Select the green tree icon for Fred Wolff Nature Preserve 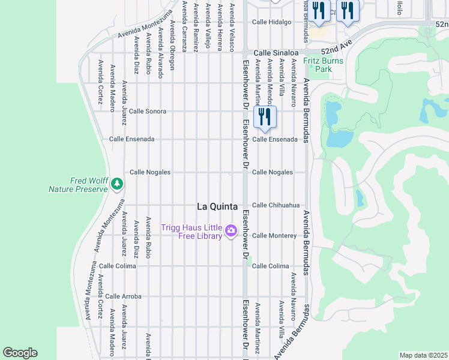coord(117,183)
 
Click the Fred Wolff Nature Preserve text coord(79,185)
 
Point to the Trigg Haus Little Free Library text coord(191,231)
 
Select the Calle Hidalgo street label coord(271,22)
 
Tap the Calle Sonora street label coord(148,112)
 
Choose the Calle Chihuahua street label coord(276,205)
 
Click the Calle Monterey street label coord(274,236)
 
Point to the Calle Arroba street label coord(123,296)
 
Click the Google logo coord(20,353)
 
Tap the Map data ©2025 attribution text coord(423,355)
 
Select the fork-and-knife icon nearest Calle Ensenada coord(265,116)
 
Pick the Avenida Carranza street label coord(184,25)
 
